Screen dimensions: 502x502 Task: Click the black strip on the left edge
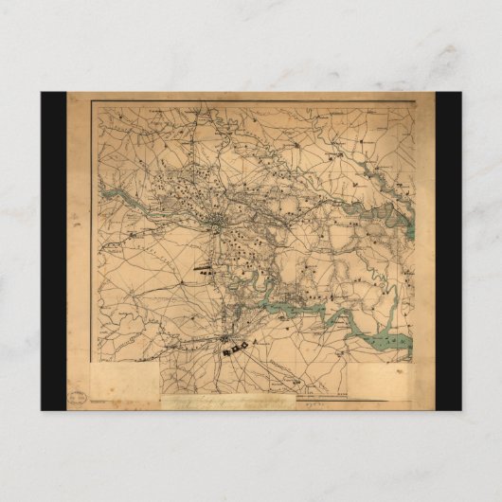click(x=53, y=251)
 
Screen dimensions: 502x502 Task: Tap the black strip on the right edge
click(x=448, y=251)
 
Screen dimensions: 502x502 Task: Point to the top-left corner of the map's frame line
click(x=93, y=102)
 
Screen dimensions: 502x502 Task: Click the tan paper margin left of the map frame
click(x=80, y=237)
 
